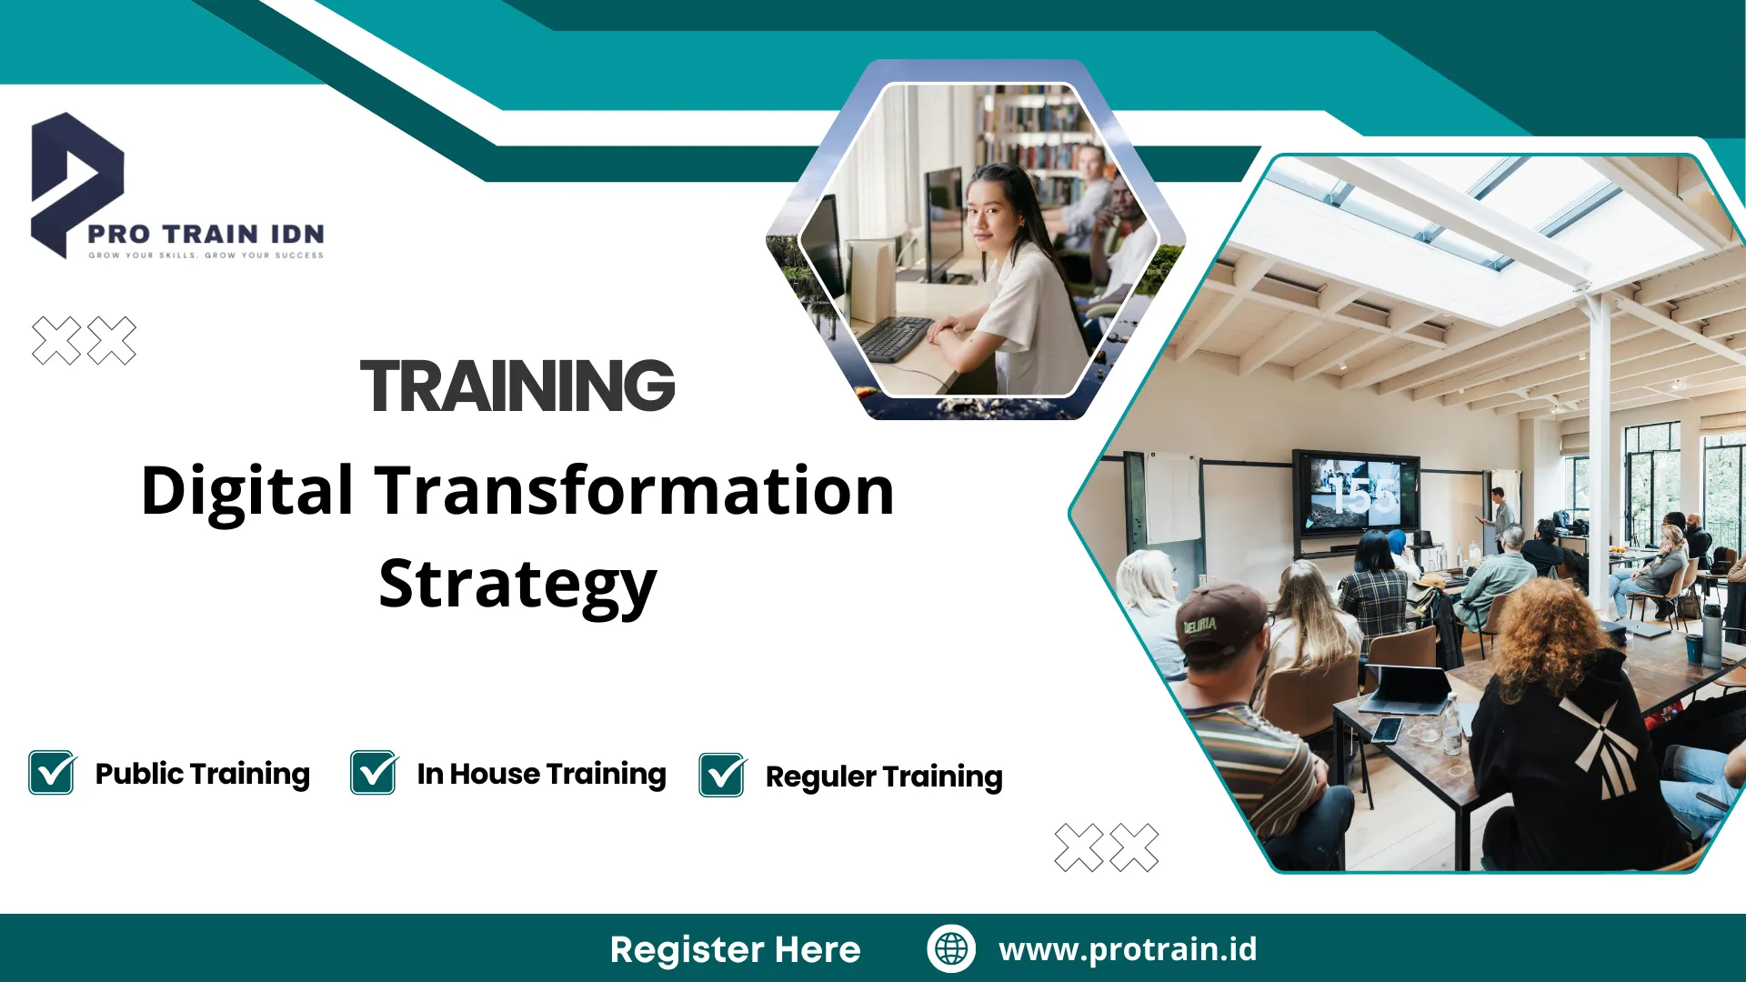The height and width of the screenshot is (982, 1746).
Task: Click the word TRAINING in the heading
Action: click(517, 386)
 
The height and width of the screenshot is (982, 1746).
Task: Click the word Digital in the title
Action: click(246, 491)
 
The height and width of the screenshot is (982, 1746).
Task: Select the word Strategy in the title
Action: click(517, 585)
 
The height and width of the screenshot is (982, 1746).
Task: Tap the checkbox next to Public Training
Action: click(52, 773)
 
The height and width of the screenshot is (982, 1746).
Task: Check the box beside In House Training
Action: click(374, 773)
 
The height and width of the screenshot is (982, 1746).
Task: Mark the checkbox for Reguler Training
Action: click(722, 776)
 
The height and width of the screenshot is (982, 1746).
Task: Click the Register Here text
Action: click(735, 949)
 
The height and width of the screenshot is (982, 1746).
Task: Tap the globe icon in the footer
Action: click(951, 948)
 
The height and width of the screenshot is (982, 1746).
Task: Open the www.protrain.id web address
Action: click(1128, 949)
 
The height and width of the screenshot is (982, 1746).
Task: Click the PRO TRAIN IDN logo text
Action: click(206, 235)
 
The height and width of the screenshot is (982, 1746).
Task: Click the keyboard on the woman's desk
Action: click(896, 338)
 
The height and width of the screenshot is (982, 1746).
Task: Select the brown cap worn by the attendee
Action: click(1219, 617)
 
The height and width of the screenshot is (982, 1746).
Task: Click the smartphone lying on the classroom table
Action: click(1387, 729)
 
